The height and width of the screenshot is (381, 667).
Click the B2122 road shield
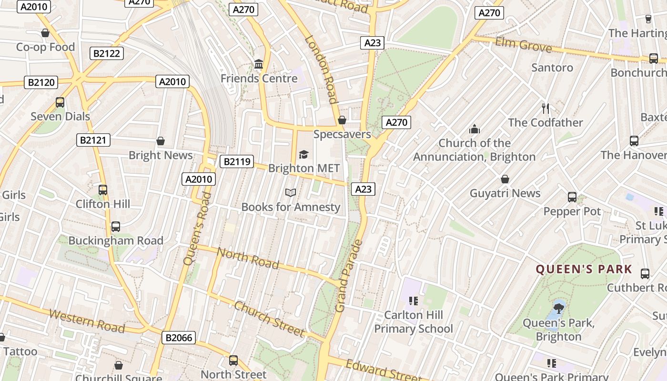coord(107,53)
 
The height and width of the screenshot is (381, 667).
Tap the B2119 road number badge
coord(237,161)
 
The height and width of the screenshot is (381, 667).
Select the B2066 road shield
coord(179,338)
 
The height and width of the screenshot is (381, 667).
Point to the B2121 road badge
coord(93,140)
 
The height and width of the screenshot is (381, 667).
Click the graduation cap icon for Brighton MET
coord(303,154)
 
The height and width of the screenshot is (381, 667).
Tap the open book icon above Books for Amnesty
coord(291,192)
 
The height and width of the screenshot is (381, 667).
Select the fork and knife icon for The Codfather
coord(546,108)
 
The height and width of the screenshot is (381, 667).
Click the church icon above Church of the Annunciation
coord(474,129)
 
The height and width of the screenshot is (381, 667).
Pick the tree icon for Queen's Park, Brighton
coord(558,308)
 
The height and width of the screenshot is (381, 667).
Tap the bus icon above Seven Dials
coord(60,102)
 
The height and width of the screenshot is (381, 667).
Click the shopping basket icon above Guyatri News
coord(505,179)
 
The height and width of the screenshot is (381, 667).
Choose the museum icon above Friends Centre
coord(259,64)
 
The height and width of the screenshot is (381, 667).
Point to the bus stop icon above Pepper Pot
coord(572,197)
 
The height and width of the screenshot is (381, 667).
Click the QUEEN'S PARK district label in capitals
coord(584,269)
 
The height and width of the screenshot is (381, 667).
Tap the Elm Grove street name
coord(523,45)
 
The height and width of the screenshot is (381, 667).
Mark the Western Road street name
coord(87,321)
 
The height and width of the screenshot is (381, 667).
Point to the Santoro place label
coord(552,68)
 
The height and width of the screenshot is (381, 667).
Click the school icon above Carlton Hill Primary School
coord(413,301)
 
